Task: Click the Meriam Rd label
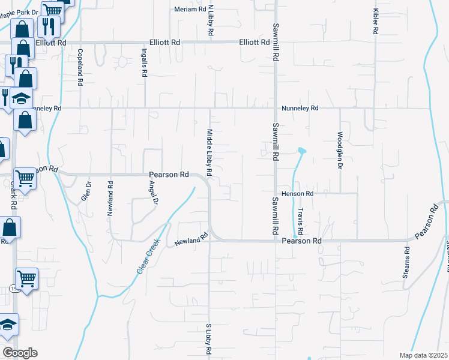pos(190,9)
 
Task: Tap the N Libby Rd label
pos(211,21)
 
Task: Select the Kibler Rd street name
pos(376,21)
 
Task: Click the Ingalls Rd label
pos(145,62)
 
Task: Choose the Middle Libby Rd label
pos(209,152)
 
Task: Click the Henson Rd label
pos(297,194)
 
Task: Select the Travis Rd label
pos(301,221)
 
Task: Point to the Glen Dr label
pos(85,191)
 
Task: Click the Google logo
pos(19,353)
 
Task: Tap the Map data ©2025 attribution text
pos(423,355)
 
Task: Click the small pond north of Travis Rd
pos(301,150)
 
